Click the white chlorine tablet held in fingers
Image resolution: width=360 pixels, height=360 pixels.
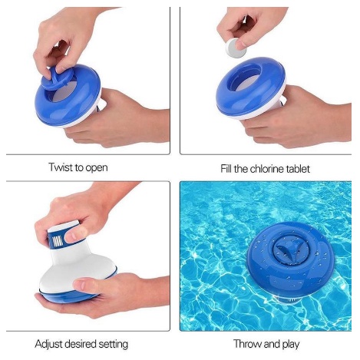click(x=235, y=48)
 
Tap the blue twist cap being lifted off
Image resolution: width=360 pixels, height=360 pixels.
click(x=57, y=78)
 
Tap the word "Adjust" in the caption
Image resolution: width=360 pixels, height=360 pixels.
click(x=48, y=344)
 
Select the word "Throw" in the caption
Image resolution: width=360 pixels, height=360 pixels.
click(x=248, y=344)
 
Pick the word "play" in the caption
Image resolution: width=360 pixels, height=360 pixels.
click(x=291, y=345)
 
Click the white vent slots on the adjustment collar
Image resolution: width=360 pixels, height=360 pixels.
click(x=58, y=241)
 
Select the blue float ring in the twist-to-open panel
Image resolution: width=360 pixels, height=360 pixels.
click(x=67, y=97)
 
